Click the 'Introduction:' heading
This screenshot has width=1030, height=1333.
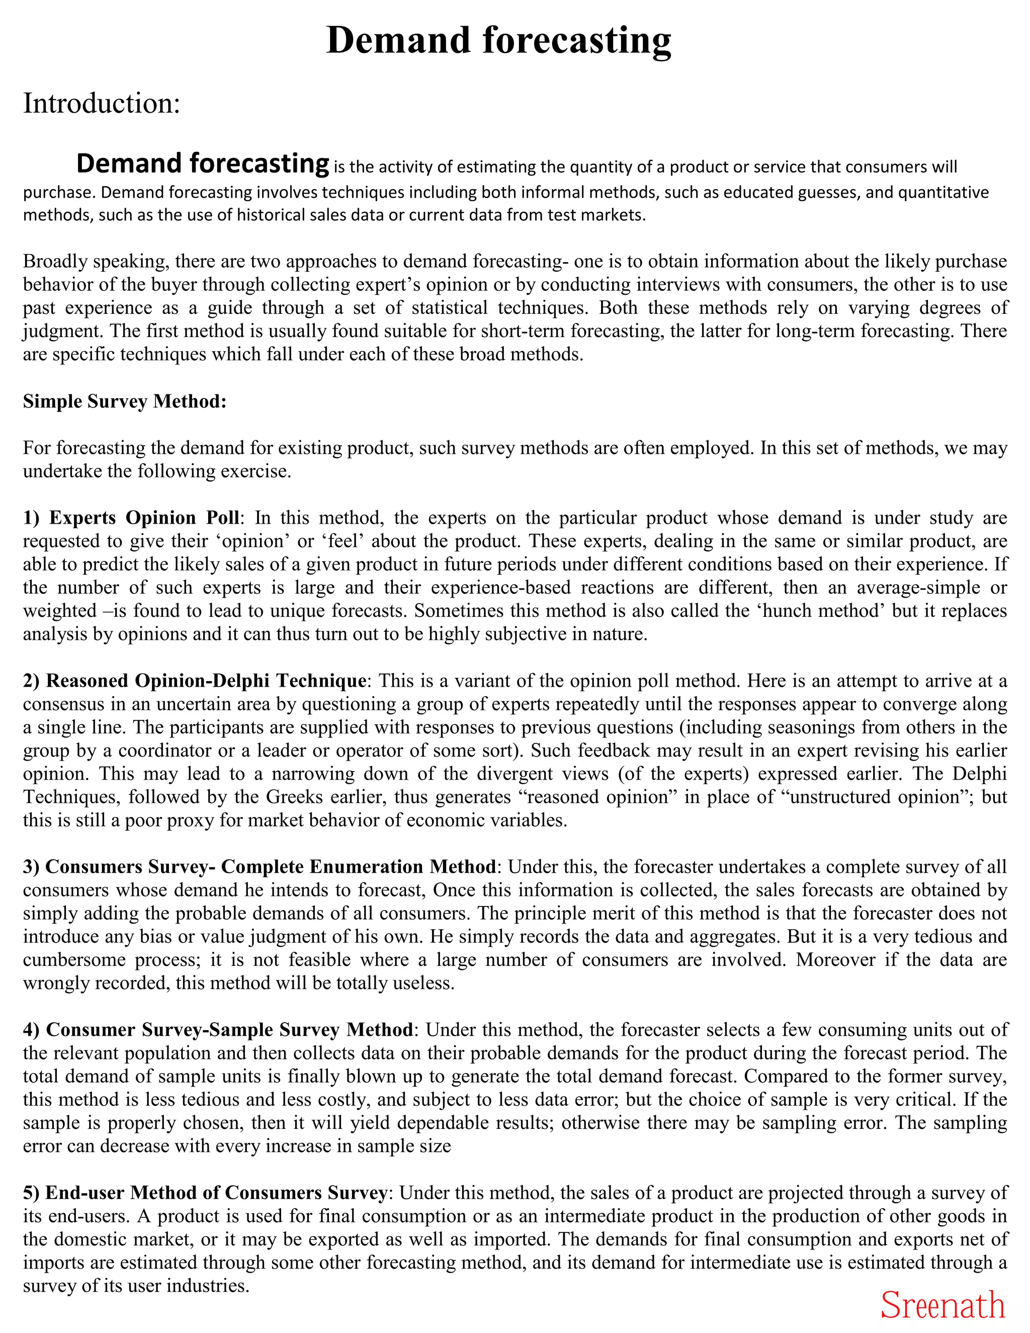point(102,103)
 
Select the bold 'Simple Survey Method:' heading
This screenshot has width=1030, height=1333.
point(125,401)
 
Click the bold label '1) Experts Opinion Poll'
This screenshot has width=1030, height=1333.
point(131,518)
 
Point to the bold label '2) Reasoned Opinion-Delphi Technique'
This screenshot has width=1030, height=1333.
point(195,681)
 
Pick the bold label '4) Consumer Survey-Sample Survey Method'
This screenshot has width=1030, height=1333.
point(218,1030)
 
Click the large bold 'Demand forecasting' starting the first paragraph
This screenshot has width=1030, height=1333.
point(203,163)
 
